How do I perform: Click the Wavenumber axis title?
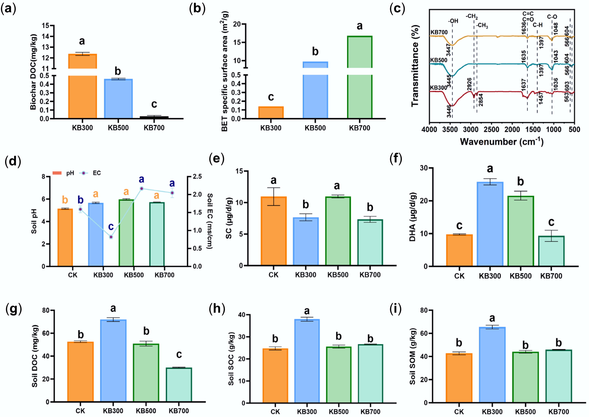501,142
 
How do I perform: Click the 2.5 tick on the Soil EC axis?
197,177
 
